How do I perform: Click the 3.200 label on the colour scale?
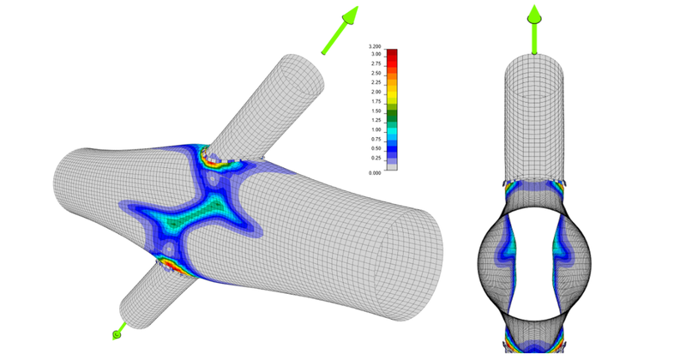click(x=375, y=46)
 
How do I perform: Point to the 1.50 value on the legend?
click(x=375, y=111)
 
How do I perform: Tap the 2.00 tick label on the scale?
click(x=375, y=92)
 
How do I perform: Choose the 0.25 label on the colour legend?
click(x=375, y=159)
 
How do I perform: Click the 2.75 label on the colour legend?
click(x=375, y=63)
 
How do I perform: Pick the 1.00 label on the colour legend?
click(x=375, y=130)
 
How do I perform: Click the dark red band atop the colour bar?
click(x=392, y=54)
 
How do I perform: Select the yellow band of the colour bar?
click(x=392, y=96)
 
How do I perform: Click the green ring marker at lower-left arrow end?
click(x=117, y=333)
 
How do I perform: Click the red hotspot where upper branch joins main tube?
click(x=208, y=155)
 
